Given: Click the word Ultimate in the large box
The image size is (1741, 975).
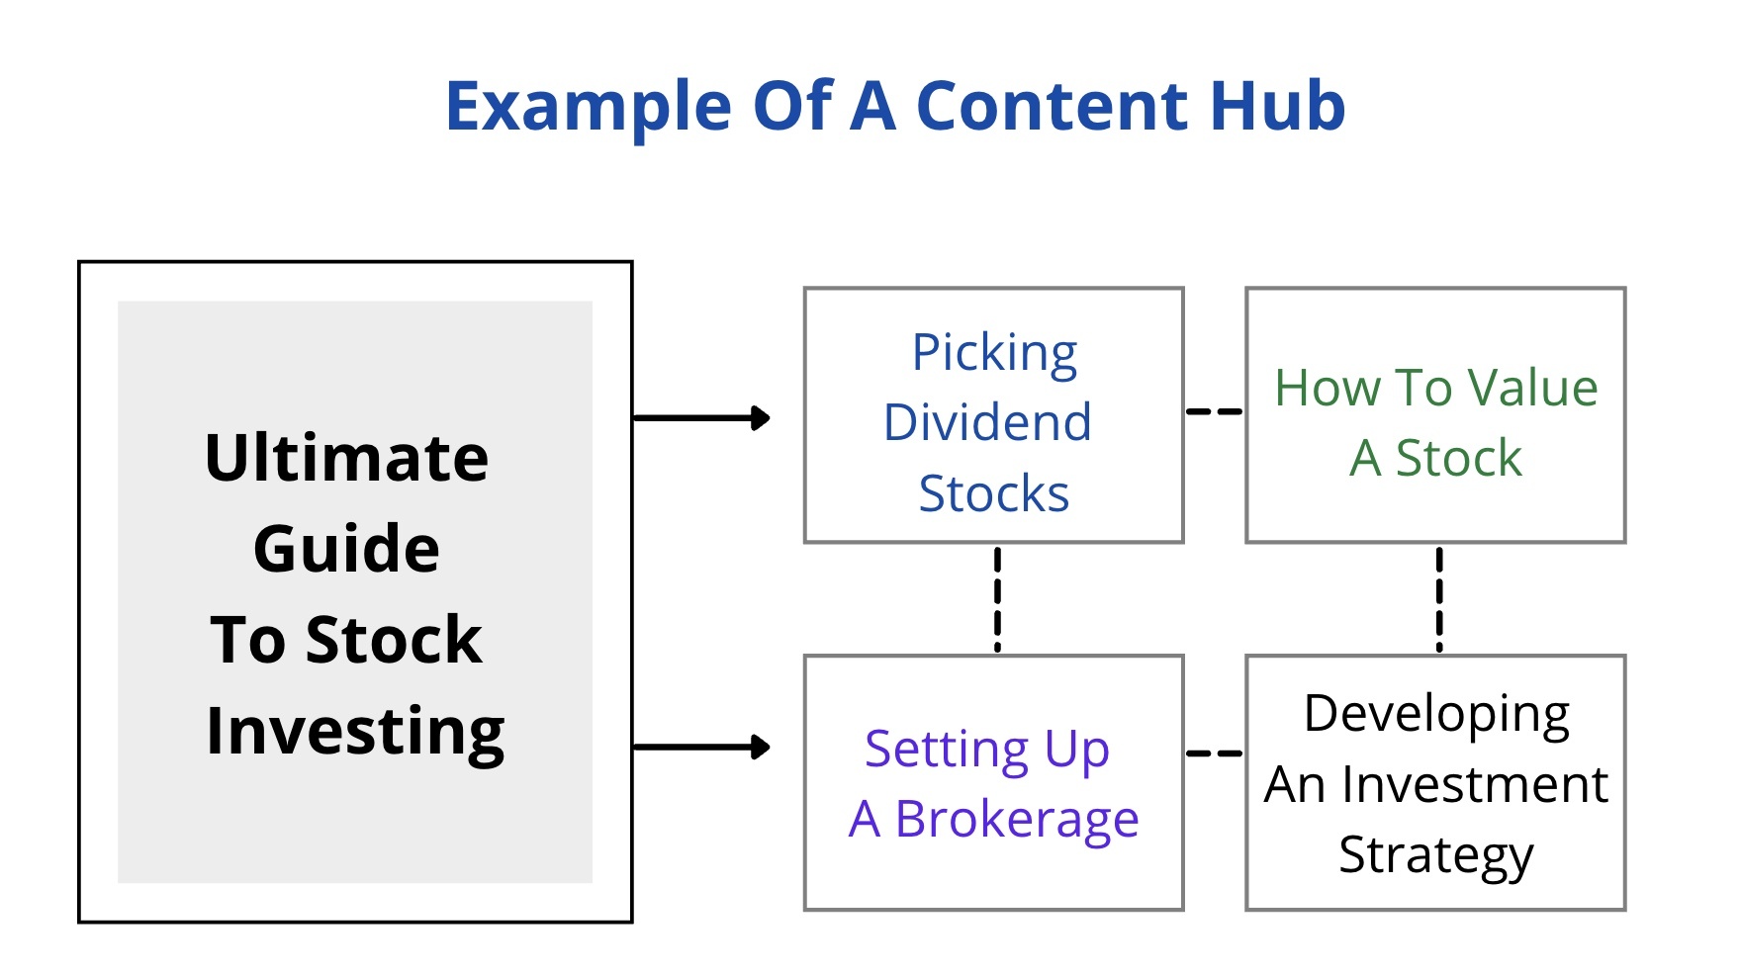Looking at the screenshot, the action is (347, 458).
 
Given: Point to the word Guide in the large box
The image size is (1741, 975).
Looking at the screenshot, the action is (347, 548).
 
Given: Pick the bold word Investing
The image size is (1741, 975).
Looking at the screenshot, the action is (355, 733).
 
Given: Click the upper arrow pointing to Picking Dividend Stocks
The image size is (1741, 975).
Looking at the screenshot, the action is (701, 418).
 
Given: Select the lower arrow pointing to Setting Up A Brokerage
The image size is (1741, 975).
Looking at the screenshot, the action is (701, 748).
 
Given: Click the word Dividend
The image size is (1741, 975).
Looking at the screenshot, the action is (988, 422).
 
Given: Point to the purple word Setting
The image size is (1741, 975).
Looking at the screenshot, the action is (947, 751).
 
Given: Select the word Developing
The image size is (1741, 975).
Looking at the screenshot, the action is (1436, 715).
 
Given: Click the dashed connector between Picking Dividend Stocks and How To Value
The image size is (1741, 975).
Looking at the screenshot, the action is (1214, 411).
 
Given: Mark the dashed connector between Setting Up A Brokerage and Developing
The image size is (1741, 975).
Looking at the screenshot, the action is (1214, 753).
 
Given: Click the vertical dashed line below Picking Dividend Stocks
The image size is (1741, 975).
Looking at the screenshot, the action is (997, 599).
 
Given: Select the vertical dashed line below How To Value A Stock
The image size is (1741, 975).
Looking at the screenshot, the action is (1439, 599).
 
